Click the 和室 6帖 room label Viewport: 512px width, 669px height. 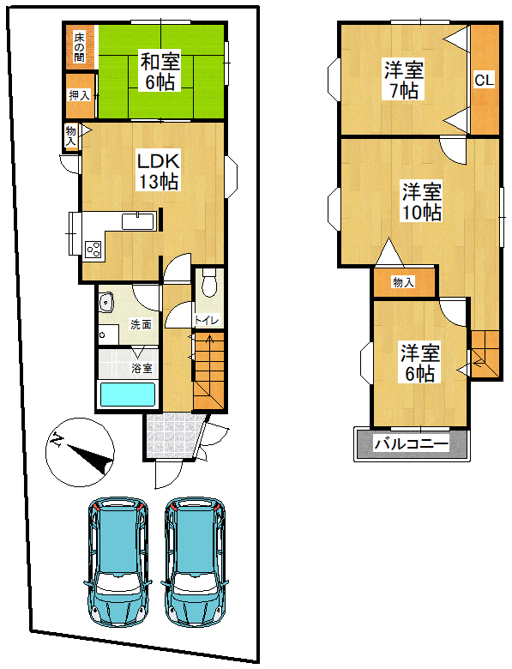coord(160,71)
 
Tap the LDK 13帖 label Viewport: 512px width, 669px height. coord(158,172)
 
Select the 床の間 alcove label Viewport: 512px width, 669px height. coord(79,47)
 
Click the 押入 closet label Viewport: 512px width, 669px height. coord(80,95)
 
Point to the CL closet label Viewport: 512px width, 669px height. coord(485,80)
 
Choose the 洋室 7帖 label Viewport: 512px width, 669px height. coord(404,80)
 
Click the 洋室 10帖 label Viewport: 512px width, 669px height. coord(422,202)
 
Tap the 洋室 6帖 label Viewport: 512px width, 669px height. coord(420,363)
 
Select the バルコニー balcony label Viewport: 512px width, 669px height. coord(412,444)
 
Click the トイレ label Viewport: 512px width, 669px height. coord(207,320)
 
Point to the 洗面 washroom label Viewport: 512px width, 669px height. coord(142,325)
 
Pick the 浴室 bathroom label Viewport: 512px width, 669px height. coord(142,368)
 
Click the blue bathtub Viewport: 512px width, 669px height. coord(127,395)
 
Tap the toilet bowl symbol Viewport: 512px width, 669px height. coord(209,282)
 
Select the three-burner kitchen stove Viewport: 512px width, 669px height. coord(93,250)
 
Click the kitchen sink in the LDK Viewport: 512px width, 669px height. coord(137,221)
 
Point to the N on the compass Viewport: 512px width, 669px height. coord(56,439)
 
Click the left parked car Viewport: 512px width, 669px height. coord(117,562)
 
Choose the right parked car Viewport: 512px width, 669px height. coord(195,562)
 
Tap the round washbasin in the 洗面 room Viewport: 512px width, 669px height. coord(105,304)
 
